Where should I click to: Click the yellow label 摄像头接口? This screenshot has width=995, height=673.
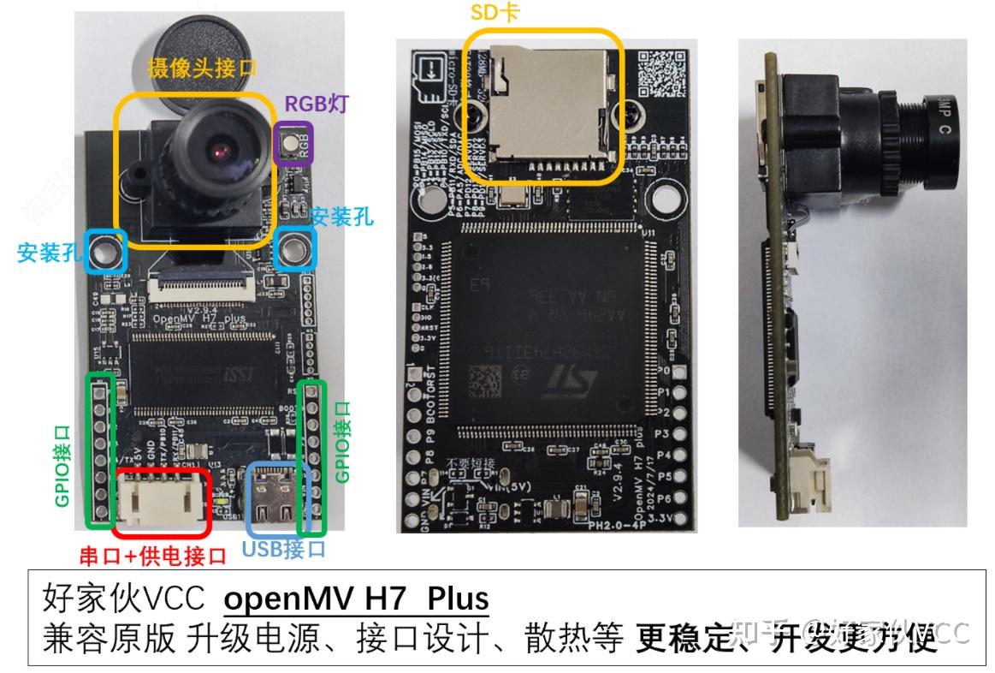(x=202, y=68)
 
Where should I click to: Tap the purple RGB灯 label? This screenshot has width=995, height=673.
(x=317, y=104)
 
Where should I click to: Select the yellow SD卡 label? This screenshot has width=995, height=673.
(x=495, y=12)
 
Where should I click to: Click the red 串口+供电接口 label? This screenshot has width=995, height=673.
(x=153, y=556)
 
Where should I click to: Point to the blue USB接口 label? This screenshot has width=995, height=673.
(x=283, y=549)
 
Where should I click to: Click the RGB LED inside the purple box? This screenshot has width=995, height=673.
(x=293, y=143)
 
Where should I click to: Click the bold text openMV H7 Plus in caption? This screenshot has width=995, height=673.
(x=356, y=599)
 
